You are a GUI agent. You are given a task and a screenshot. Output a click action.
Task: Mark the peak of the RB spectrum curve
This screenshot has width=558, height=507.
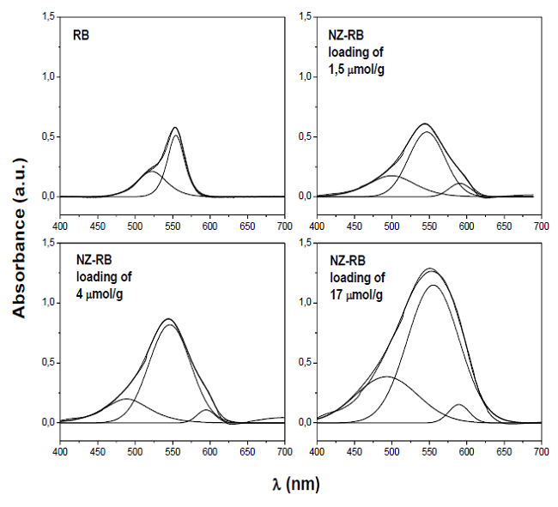[x=175, y=128]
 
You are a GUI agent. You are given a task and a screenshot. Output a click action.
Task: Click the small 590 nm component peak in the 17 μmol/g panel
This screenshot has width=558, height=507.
[x=459, y=405]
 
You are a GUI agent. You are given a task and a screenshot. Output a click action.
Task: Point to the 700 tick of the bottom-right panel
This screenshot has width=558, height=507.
[x=541, y=450]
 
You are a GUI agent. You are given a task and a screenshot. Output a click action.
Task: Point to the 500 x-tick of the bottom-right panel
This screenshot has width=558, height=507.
[x=391, y=450]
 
